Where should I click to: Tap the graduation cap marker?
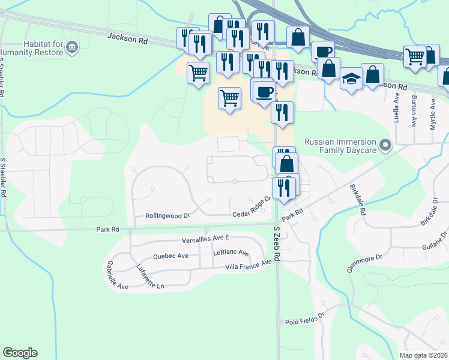[351, 79]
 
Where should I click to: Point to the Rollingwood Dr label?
[167, 215]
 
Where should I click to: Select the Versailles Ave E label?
[206, 239]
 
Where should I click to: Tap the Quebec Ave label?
[171, 256]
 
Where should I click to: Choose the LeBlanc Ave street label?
[231, 253]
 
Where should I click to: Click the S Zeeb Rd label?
[277, 244]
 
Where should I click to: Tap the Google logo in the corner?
[20, 353]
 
